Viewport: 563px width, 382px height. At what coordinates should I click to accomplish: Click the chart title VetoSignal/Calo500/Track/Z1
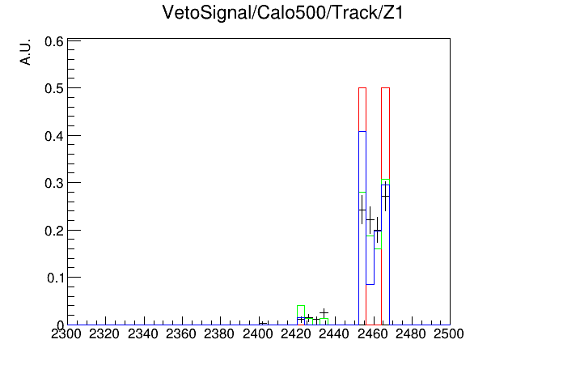[282, 13]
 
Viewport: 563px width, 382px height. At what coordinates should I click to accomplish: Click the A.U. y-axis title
[26, 52]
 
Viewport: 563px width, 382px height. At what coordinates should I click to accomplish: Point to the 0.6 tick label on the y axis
[54, 42]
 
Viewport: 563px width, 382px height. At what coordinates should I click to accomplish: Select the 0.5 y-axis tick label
[54, 88]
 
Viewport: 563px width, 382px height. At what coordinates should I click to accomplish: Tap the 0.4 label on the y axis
[54, 136]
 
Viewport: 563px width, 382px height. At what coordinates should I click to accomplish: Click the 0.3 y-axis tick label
[54, 183]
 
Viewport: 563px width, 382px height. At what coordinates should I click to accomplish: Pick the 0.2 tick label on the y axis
[54, 231]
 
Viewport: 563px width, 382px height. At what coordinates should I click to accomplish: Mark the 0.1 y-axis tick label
[55, 278]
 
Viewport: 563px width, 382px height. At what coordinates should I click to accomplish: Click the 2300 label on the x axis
[66, 334]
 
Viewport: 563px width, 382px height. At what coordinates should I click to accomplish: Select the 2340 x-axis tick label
[143, 334]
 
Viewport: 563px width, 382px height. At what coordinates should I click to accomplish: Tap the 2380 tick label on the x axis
[219, 334]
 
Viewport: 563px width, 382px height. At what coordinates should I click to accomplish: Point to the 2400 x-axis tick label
[258, 334]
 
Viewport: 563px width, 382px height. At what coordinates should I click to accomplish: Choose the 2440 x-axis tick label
[334, 334]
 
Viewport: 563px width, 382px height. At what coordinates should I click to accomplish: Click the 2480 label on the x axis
[411, 334]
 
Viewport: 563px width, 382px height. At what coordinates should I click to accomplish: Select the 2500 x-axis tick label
[449, 334]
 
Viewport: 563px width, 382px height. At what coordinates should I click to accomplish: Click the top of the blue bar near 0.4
[362, 132]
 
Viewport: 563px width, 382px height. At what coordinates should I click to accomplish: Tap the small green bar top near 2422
[301, 305]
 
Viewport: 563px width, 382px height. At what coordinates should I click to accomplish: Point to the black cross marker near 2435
[324, 312]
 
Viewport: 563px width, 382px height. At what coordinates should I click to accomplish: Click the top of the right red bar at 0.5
[385, 87]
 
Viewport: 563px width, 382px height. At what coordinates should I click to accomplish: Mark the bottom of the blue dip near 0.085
[370, 284]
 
